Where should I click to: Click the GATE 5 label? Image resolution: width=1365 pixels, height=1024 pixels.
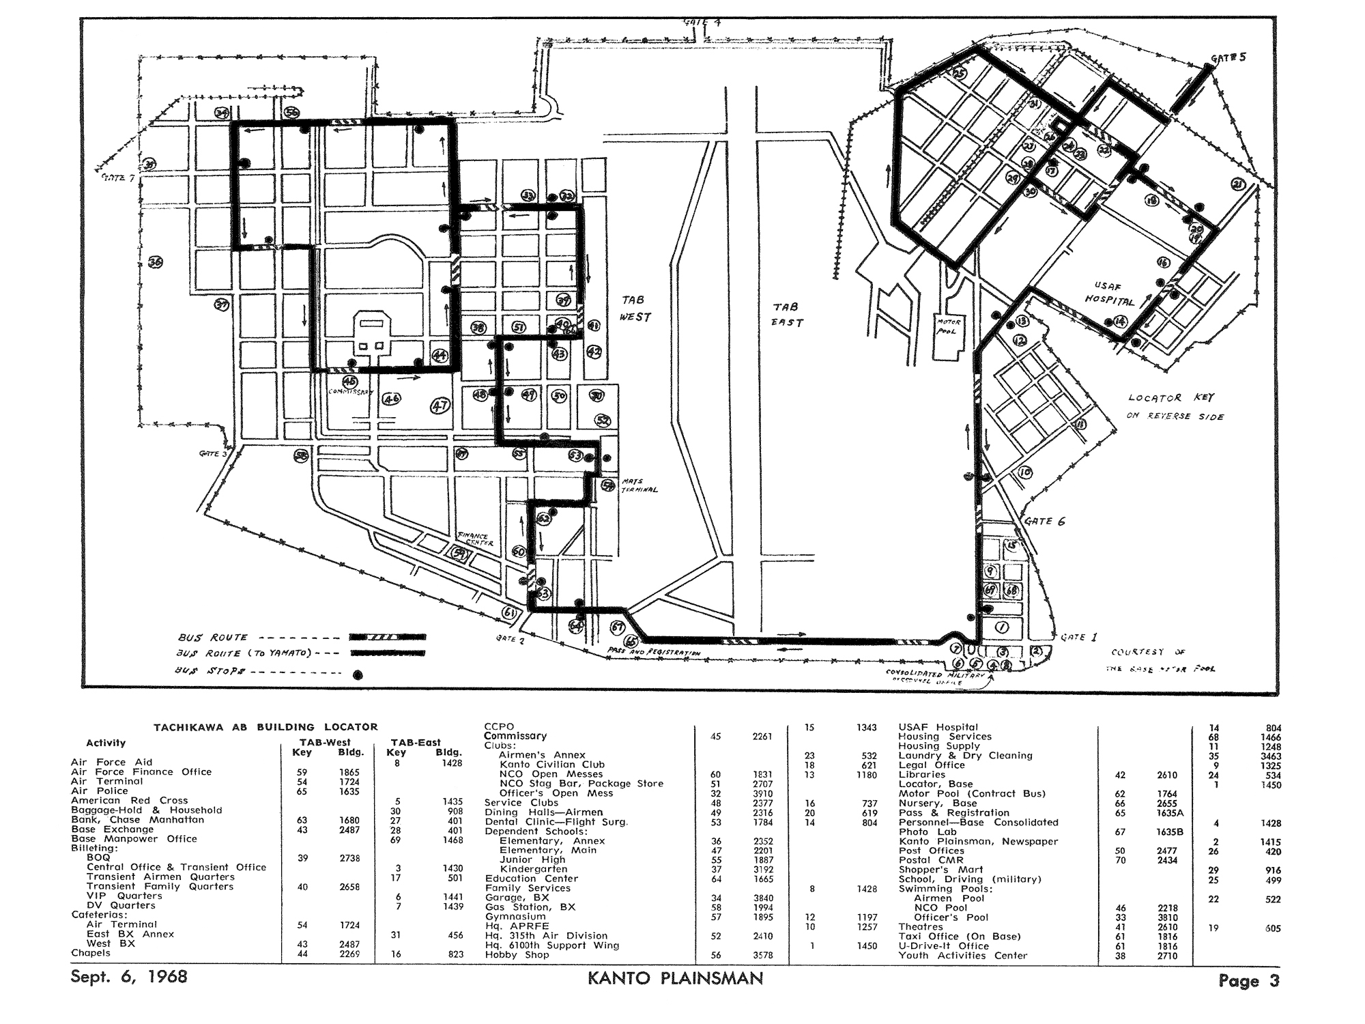click(x=1228, y=58)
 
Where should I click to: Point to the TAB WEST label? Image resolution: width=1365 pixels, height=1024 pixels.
click(x=635, y=309)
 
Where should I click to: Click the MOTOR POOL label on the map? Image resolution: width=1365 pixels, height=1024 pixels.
click(x=949, y=326)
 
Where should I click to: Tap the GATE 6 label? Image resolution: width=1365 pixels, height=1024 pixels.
click(x=1045, y=522)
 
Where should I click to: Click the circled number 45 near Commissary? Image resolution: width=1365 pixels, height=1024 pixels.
click(x=349, y=382)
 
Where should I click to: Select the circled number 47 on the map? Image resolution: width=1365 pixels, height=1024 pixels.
click(x=440, y=407)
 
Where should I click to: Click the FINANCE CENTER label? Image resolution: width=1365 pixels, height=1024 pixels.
click(x=476, y=539)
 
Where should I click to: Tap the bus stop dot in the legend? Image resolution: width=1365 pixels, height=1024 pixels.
click(x=357, y=675)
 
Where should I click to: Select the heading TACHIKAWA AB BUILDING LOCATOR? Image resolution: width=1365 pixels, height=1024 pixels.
click(x=265, y=727)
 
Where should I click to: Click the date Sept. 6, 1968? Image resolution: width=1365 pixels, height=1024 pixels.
click(x=129, y=977)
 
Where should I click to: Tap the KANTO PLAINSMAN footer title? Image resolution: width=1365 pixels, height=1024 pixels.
click(x=675, y=979)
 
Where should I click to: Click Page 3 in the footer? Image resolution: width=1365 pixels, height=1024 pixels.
click(x=1249, y=981)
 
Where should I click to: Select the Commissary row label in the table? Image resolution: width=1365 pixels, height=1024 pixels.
click(x=515, y=736)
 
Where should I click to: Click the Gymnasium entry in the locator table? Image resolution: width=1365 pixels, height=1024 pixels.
click(x=515, y=917)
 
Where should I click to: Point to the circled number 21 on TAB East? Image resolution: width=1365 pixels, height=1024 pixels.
click(x=1238, y=184)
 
